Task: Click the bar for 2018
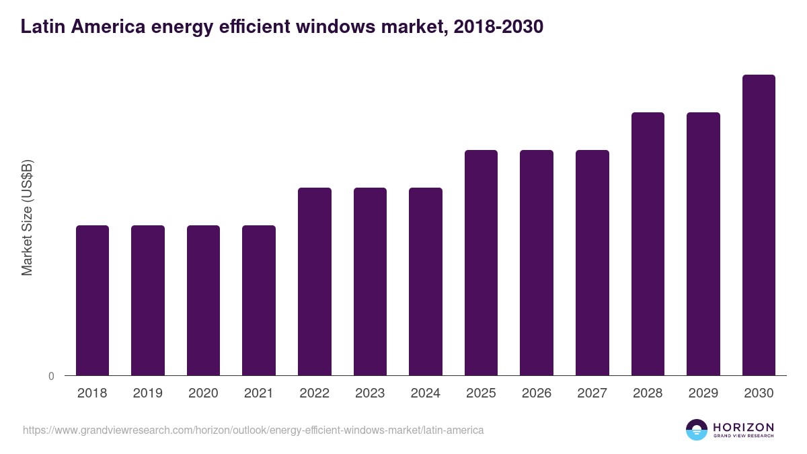[x=92, y=300]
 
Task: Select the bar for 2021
[x=259, y=300]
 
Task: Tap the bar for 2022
[x=315, y=281]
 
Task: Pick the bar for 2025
[x=481, y=262]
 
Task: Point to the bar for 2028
[x=648, y=243]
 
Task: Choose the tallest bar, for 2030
[x=759, y=225]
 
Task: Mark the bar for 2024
[x=426, y=281]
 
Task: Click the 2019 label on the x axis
[x=147, y=393]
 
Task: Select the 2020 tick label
[x=203, y=393]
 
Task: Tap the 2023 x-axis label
[x=370, y=393]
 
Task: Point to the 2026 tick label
[x=537, y=393]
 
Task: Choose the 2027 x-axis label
[x=592, y=393]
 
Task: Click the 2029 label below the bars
[x=703, y=393]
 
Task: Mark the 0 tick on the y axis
[x=51, y=377]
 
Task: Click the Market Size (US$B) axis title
[x=27, y=217]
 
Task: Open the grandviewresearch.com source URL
[x=253, y=430]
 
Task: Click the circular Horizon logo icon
[x=697, y=430]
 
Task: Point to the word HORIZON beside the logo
[x=743, y=427]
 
